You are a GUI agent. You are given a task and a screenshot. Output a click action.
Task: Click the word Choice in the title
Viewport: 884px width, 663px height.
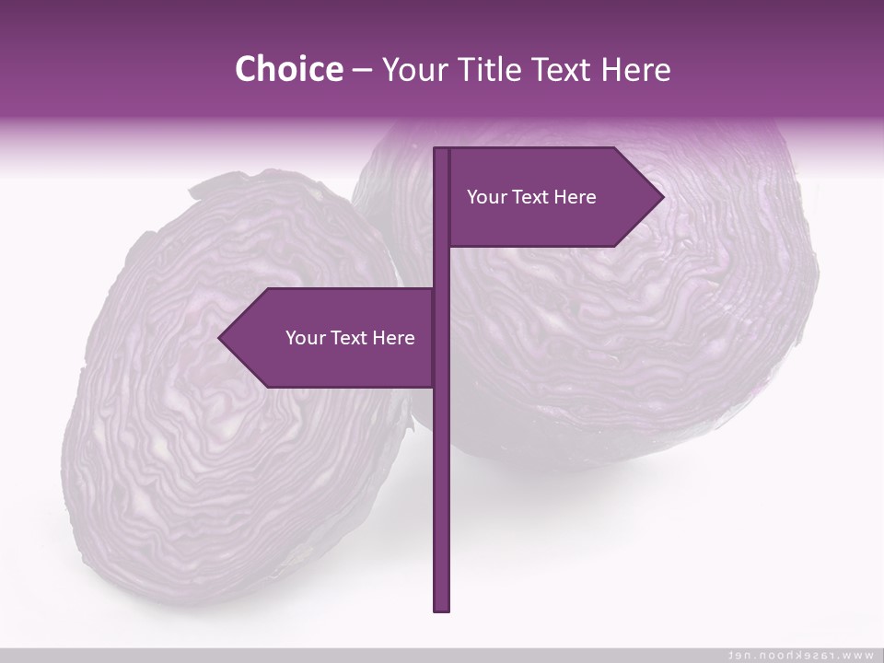pyautogui.click(x=288, y=69)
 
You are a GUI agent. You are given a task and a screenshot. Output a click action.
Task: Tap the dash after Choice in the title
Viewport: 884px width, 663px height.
pyautogui.click(x=362, y=71)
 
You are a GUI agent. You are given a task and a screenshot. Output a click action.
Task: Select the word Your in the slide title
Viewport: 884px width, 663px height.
pyautogui.click(x=413, y=70)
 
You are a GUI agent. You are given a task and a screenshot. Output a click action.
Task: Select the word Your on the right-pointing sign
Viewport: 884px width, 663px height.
pyautogui.click(x=486, y=197)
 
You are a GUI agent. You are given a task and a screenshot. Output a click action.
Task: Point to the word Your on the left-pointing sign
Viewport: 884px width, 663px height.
pyautogui.click(x=305, y=338)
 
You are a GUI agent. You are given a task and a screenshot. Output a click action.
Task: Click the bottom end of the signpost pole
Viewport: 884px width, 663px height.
pyautogui.click(x=441, y=608)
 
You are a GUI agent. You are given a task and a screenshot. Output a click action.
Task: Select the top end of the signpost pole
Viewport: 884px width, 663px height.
pyautogui.click(x=441, y=151)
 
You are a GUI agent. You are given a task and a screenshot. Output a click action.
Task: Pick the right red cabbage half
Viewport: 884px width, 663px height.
pyautogui.click(x=645, y=350)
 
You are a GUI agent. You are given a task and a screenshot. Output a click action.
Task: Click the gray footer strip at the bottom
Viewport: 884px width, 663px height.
pyautogui.click(x=368, y=655)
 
